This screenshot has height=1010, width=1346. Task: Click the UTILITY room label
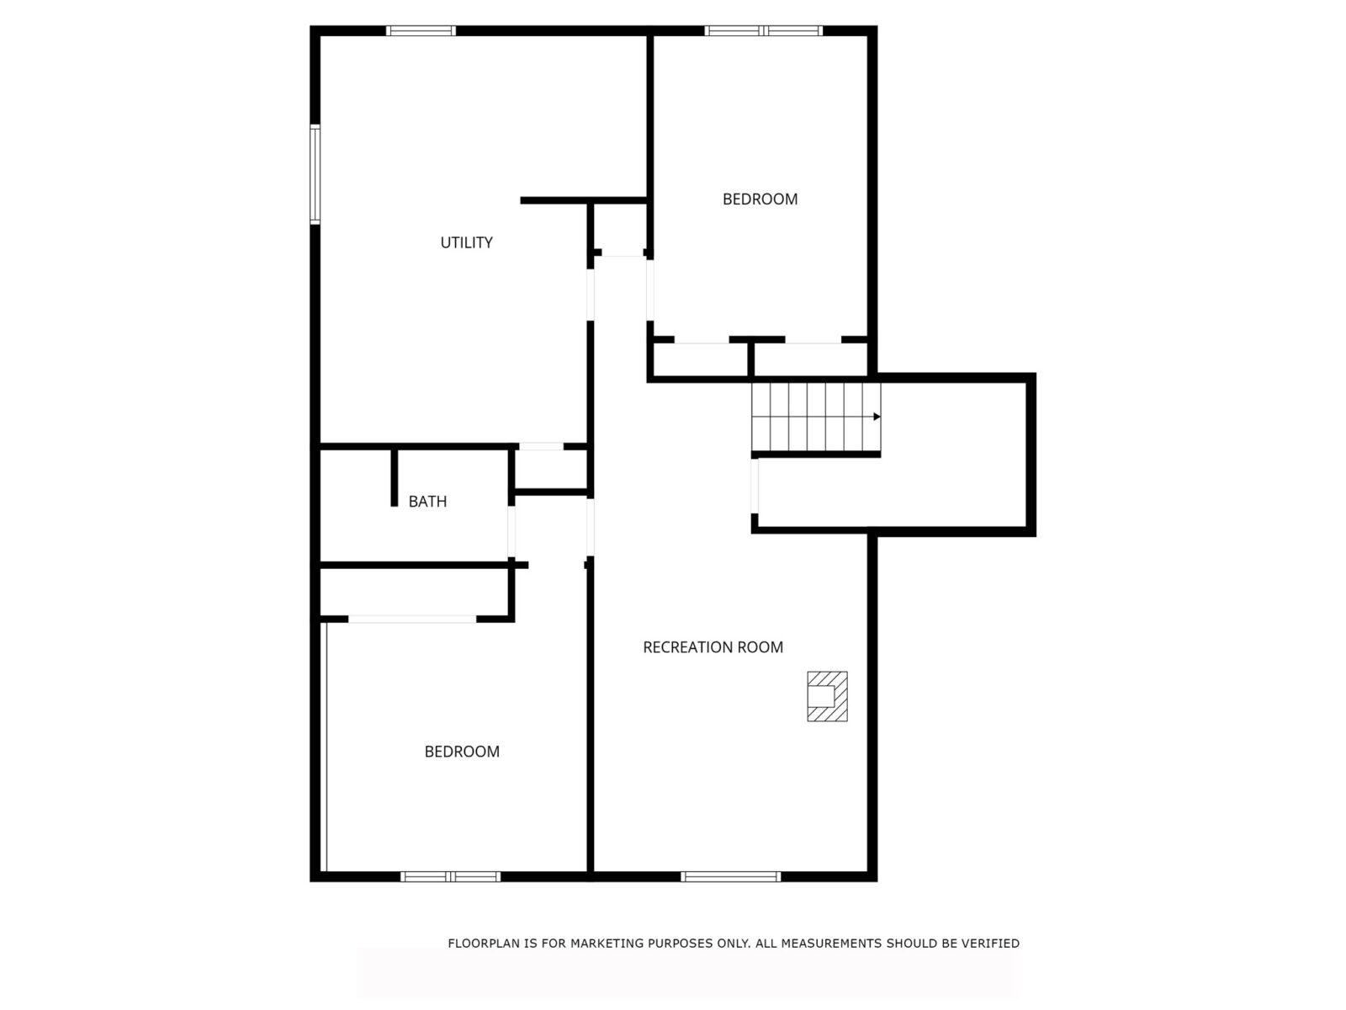[x=466, y=243]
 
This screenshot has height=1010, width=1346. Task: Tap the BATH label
[x=427, y=502]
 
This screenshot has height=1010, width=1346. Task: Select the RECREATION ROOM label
[x=713, y=647]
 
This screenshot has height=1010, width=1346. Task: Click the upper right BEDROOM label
[x=760, y=199]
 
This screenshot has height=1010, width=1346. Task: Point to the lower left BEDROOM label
[x=462, y=752]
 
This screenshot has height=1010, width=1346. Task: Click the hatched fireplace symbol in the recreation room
[x=827, y=697]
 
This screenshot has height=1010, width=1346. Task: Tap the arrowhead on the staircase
[x=877, y=417]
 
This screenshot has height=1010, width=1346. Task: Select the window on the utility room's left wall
[x=315, y=174]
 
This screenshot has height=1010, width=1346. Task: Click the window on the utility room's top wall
[x=421, y=30]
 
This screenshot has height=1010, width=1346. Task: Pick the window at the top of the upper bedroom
[x=764, y=30]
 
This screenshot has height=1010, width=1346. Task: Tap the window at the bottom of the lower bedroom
[x=451, y=877]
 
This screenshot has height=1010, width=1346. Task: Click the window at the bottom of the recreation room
[x=730, y=877]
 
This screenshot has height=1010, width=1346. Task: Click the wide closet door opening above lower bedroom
[x=412, y=619]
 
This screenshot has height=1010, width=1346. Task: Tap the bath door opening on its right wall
[x=511, y=532]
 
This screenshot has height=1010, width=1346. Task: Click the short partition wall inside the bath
[x=395, y=478]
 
